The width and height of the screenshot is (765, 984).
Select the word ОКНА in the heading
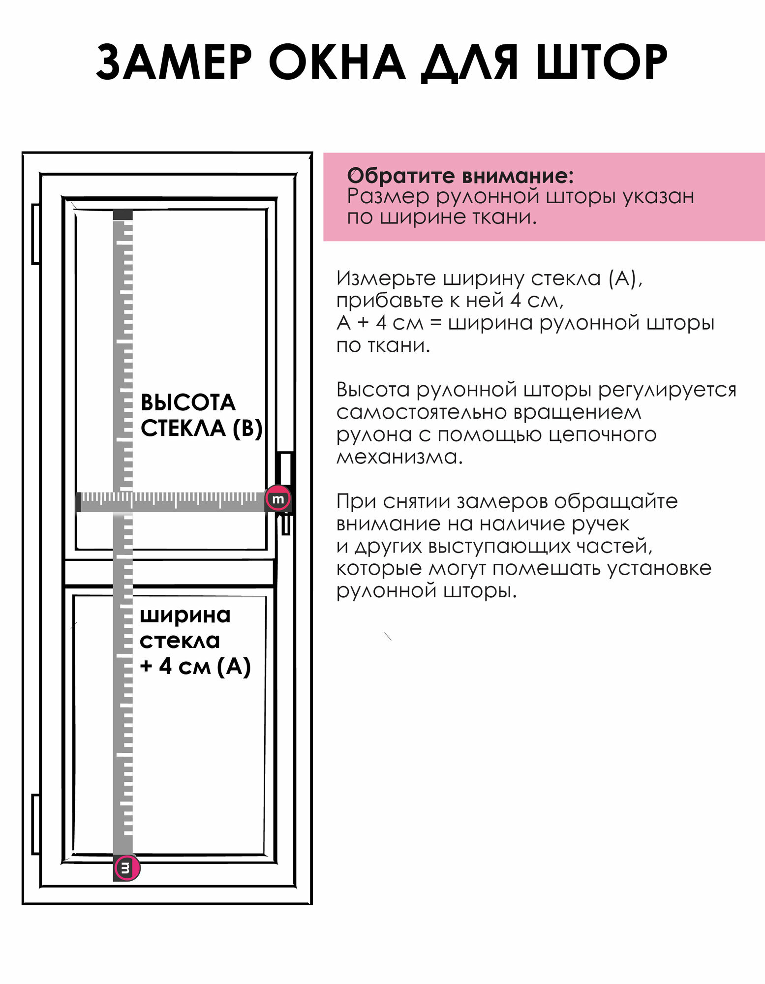pyautogui.click(x=337, y=62)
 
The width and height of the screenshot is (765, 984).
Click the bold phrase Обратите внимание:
pyautogui.click(x=460, y=175)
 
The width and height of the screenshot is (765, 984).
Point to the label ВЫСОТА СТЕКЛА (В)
pyautogui.click(x=201, y=415)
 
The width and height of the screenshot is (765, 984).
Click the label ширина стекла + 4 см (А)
pyautogui.click(x=195, y=640)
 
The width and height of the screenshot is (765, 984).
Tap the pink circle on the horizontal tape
pyautogui.click(x=278, y=499)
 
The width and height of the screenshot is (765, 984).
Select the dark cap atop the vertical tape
pyautogui.click(x=123, y=215)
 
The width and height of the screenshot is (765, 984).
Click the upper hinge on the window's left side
pyautogui.click(x=35, y=234)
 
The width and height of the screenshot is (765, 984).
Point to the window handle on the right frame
pyautogui.click(x=285, y=492)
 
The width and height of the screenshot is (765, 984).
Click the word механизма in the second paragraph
pyautogui.click(x=399, y=457)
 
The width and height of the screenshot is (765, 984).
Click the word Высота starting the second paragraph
pyautogui.click(x=373, y=390)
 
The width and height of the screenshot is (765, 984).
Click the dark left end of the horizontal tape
pyautogui.click(x=78, y=502)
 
